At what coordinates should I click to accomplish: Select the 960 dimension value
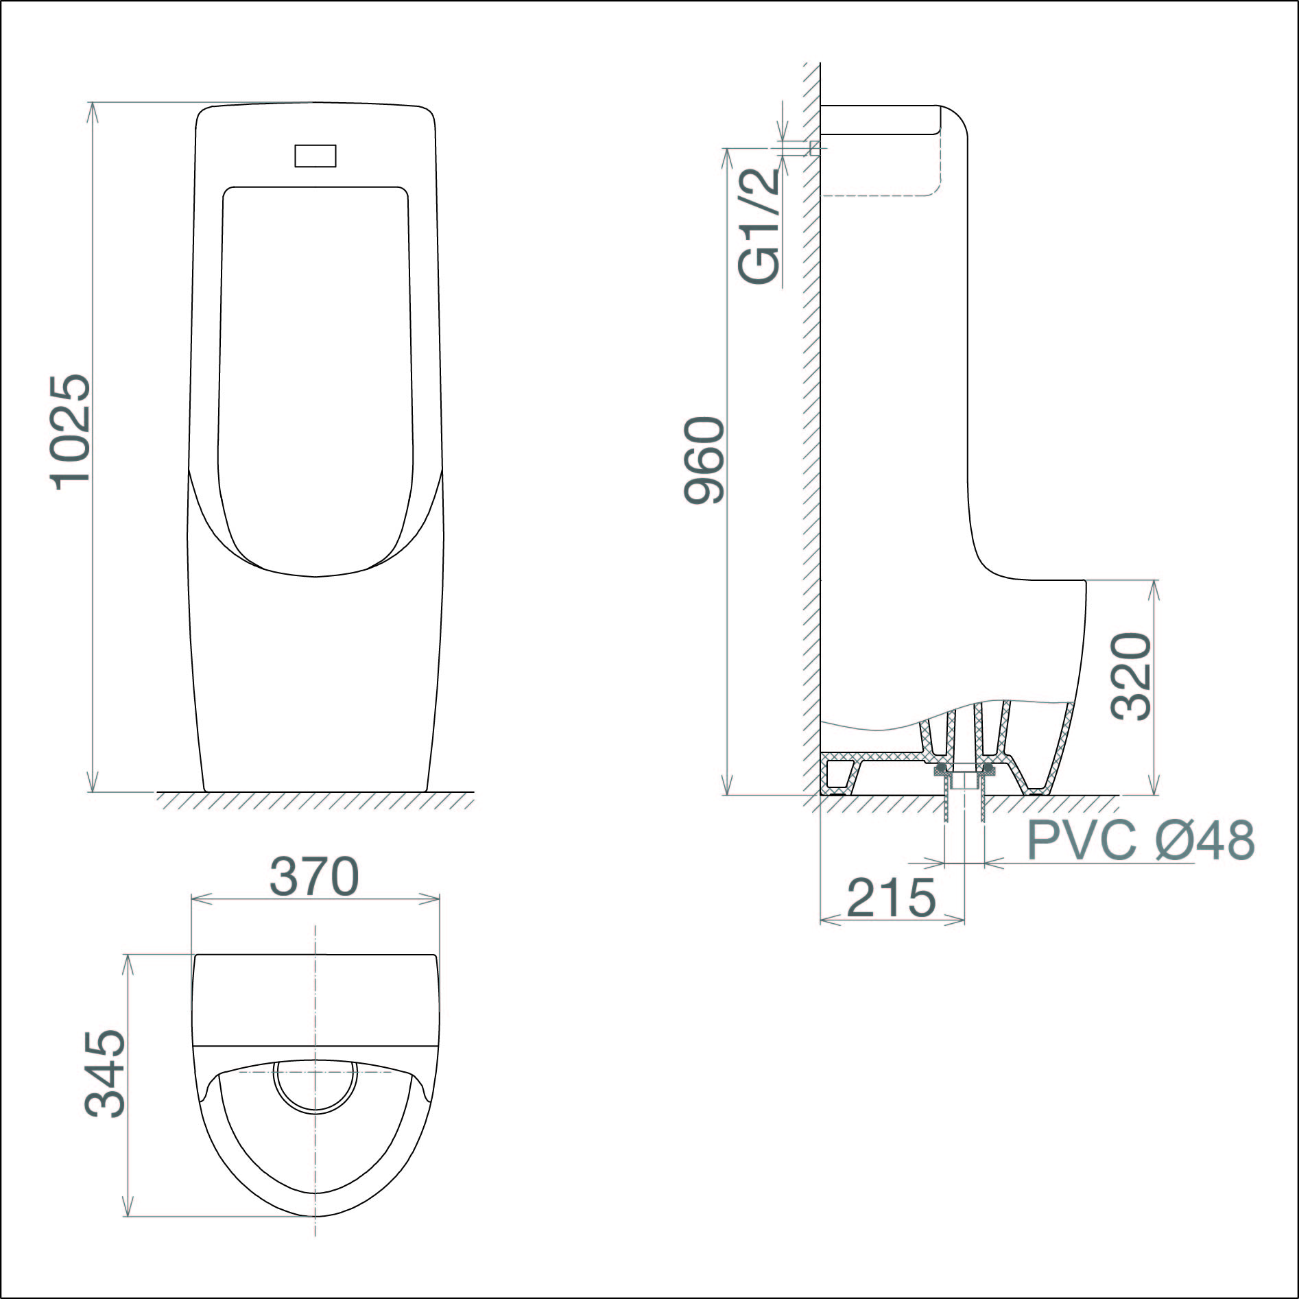tap(704, 460)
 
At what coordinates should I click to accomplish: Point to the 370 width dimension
tap(314, 876)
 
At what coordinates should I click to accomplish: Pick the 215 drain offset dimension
tap(892, 897)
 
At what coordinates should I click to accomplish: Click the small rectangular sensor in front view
tap(315, 156)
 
